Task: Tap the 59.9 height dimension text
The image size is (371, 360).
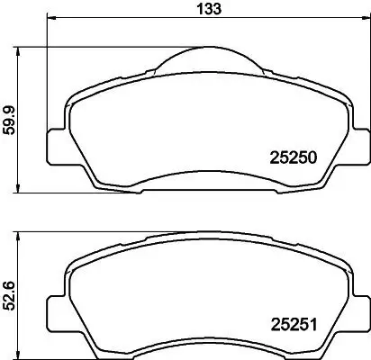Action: (9, 118)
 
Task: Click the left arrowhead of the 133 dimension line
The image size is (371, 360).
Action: (50, 20)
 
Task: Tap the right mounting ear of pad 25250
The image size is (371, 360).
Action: (357, 144)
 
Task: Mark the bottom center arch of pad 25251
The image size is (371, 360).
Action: (208, 352)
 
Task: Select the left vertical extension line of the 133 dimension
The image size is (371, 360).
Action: (47, 72)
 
